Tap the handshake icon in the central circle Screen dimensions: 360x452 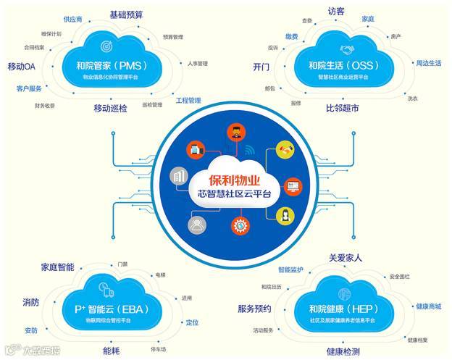click(x=282, y=152)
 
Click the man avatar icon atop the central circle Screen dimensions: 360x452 click(x=233, y=132)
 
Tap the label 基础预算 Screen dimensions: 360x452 click(x=126, y=14)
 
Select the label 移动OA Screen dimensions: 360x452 click(x=22, y=67)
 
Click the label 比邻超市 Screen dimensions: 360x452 click(x=342, y=108)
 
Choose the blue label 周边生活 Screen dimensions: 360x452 click(x=428, y=63)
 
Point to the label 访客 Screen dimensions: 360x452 click(x=336, y=12)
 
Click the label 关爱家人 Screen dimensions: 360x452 click(x=346, y=257)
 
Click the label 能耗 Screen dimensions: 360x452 click(x=112, y=351)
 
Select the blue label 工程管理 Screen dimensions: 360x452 click(x=188, y=101)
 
